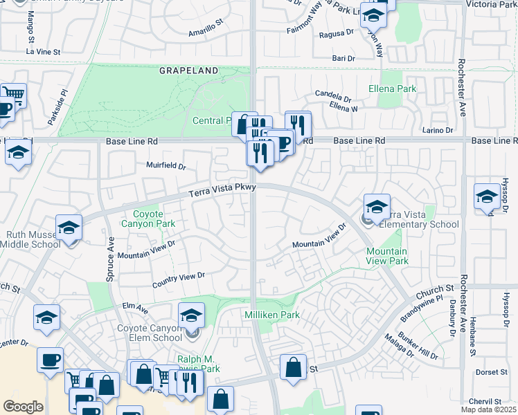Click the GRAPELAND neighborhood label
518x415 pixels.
188,71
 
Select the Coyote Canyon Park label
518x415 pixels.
148,219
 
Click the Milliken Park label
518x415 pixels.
271,315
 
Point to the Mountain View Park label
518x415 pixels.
387,256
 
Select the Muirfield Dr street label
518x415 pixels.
166,166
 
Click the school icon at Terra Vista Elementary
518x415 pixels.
377,206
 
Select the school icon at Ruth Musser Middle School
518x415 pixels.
69,228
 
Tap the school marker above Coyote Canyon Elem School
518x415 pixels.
192,316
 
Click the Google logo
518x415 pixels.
23,407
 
